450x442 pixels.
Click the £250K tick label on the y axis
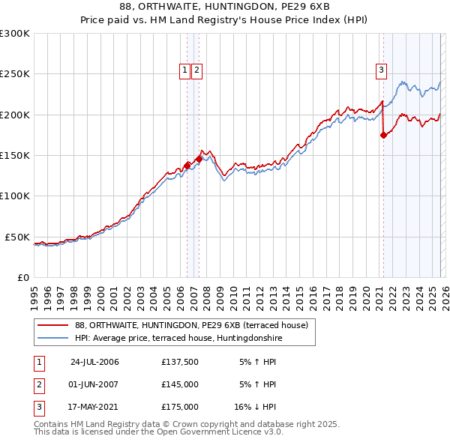point(15,74)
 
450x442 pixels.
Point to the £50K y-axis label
point(17,237)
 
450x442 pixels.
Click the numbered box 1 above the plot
point(184,70)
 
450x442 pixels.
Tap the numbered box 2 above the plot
point(196,70)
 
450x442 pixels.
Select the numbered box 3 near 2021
point(381,70)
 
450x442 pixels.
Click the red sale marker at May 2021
point(383,136)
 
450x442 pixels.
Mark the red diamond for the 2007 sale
point(199,159)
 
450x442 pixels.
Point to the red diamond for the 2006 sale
point(187,166)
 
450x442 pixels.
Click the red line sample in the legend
point(52,325)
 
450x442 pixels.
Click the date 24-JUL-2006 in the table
point(94,362)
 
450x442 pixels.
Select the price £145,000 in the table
point(180,384)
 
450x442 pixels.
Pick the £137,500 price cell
point(180,362)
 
